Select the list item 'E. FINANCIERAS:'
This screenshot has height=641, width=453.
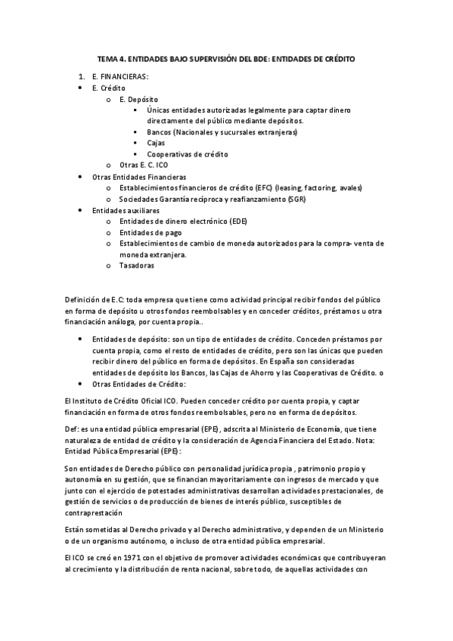(x=119, y=77)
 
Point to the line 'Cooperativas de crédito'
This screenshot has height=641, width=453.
(x=188, y=154)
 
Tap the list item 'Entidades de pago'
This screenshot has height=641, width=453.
(x=150, y=232)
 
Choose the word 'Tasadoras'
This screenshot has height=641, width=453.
(x=137, y=265)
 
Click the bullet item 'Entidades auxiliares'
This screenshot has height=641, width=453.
(x=125, y=209)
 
